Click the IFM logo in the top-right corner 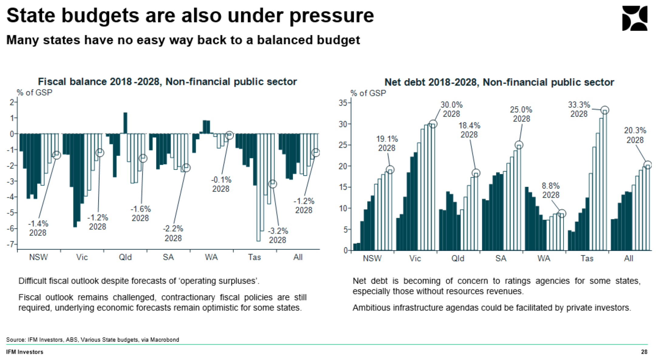[x=634, y=18]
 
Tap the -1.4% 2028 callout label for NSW [x=38, y=228]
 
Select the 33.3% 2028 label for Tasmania [x=579, y=109]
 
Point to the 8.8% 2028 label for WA [x=551, y=190]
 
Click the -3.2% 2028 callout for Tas [x=278, y=236]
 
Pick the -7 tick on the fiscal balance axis [x=12, y=244]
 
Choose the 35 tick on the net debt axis [x=343, y=103]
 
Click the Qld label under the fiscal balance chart [x=125, y=257]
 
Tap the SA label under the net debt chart [x=501, y=259]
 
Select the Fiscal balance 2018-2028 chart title [x=167, y=82]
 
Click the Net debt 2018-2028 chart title [x=499, y=82]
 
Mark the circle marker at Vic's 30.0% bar [x=433, y=124]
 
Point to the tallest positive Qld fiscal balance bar [x=125, y=123]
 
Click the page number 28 [x=644, y=352]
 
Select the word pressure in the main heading [x=332, y=15]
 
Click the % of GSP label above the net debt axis [x=368, y=93]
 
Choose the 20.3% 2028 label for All [x=635, y=135]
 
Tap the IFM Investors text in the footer [x=25, y=352]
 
